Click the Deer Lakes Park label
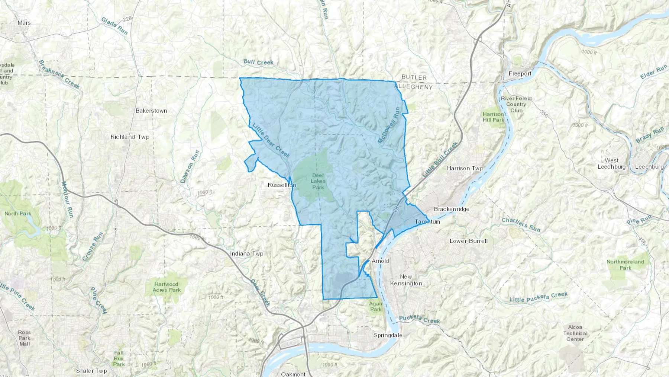point(318,181)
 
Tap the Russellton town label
point(282,185)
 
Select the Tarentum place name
point(427,222)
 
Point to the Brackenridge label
point(451,209)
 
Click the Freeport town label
point(520,74)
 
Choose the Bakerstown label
point(151,111)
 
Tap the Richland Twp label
point(130,137)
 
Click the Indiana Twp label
point(246,254)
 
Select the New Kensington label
point(406,280)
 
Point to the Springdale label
point(388,335)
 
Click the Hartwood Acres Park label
point(167,287)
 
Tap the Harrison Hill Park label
point(493,117)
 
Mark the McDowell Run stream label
point(389,125)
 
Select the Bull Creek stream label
point(258,62)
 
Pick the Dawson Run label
point(190,166)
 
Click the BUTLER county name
point(414,77)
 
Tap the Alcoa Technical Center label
point(575,333)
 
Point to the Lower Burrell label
point(468,241)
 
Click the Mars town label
point(24,23)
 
